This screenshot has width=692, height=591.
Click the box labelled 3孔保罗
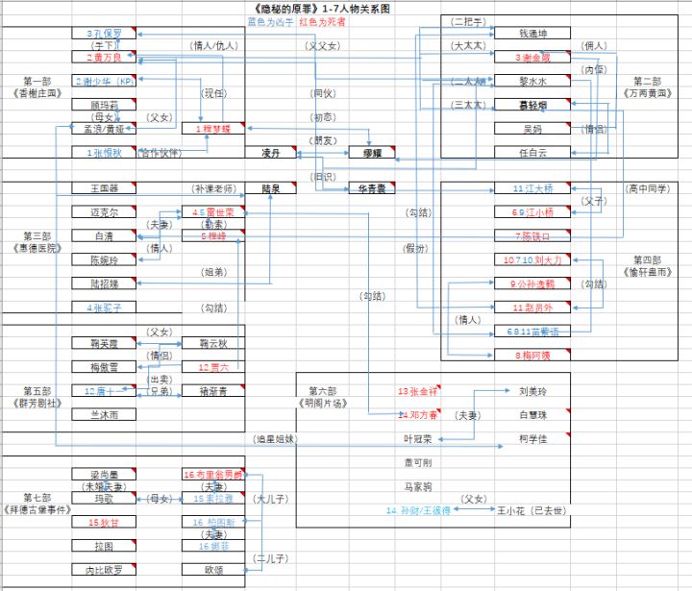coord(104,34)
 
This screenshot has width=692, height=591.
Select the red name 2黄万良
coord(104,58)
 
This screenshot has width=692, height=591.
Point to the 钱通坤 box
coord(531,34)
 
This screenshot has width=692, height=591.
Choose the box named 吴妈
coord(531,129)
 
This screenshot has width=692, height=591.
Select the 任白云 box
coord(531,152)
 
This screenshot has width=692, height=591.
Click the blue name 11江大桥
coord(531,189)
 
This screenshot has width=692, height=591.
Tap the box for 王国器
coord(104,188)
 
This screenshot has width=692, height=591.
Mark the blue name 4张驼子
coord(104,308)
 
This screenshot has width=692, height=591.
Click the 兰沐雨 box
coord(104,414)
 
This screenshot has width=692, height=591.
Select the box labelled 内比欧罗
coord(104,569)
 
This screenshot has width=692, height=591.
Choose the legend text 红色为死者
coord(323,21)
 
